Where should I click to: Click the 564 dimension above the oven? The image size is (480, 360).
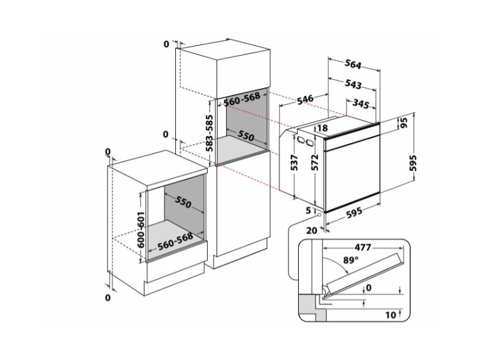click(353, 65)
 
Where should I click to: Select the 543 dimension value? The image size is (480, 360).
click(353, 84)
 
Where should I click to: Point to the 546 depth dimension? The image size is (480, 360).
click(305, 99)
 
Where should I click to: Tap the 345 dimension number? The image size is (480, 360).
click(361, 104)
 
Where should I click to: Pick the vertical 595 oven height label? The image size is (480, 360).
click(413, 163)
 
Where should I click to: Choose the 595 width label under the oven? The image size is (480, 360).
click(354, 213)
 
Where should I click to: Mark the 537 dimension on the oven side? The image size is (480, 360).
click(294, 163)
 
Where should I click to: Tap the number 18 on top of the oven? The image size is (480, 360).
click(322, 128)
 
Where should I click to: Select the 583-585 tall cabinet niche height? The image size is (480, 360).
click(209, 133)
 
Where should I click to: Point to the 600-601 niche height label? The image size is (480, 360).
click(140, 229)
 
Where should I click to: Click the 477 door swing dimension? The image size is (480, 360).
click(363, 247)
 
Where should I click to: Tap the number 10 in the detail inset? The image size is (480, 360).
click(391, 315)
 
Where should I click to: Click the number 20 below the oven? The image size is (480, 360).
click(311, 230)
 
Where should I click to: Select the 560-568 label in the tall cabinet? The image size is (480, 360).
click(242, 99)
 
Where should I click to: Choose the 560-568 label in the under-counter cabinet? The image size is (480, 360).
click(175, 241)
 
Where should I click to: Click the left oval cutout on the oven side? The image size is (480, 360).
click(300, 140)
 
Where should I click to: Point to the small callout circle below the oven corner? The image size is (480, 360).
click(320, 215)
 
